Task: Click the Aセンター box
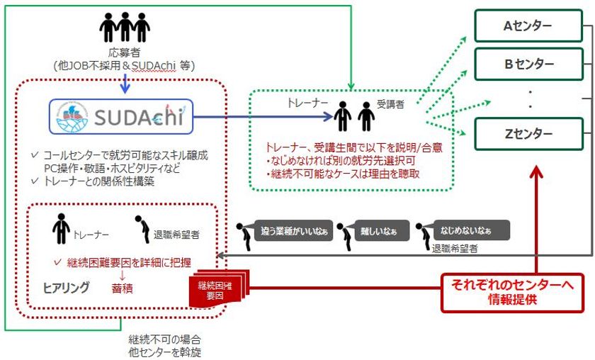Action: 528,27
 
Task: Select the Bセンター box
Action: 528,64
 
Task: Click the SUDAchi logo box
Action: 120,115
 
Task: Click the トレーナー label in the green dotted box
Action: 307,103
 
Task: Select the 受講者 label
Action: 390,103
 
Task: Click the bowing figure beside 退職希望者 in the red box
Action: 140,228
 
